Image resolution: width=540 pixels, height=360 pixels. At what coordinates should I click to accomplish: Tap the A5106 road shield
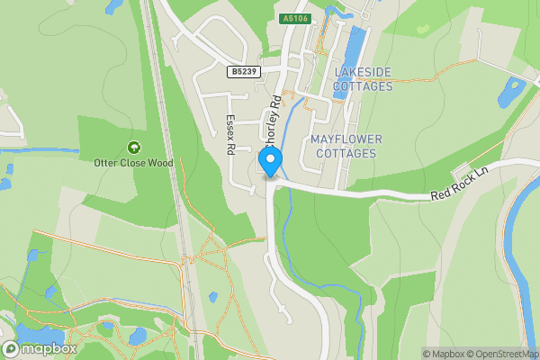pos(294,18)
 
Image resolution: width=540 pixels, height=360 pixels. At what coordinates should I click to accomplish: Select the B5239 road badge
pos(244,71)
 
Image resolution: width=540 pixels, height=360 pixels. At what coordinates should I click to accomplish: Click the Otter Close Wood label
pos(133,163)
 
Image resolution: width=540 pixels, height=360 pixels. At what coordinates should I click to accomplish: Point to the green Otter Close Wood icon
pos(134,147)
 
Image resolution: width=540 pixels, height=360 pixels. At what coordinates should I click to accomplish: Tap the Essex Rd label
pos(230,132)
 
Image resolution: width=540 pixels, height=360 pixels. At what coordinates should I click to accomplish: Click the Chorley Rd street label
pos(269,114)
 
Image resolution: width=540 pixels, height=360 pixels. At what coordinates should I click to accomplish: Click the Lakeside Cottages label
pos(364,79)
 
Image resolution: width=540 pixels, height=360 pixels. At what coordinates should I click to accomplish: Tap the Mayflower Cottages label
pos(346,147)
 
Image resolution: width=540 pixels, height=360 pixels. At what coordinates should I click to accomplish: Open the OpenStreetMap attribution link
pos(502,354)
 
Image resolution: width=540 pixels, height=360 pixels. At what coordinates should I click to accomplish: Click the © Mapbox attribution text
pos(443,354)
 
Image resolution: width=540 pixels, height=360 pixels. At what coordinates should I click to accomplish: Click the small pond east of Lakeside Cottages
pos(511,92)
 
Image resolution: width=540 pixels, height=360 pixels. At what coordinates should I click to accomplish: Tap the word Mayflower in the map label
pos(346,139)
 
